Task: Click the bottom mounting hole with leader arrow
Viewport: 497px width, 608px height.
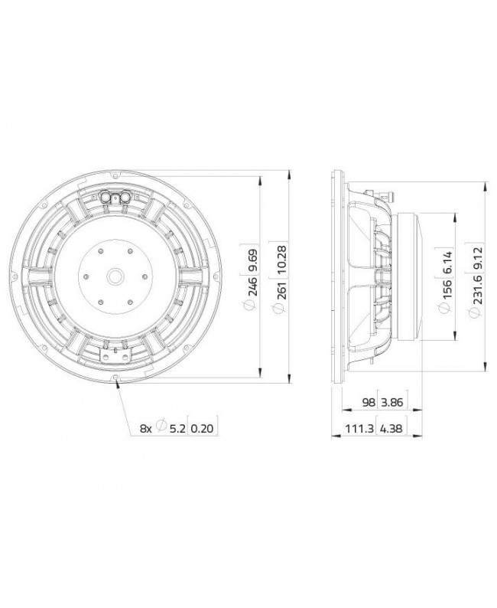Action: coord(116,379)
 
